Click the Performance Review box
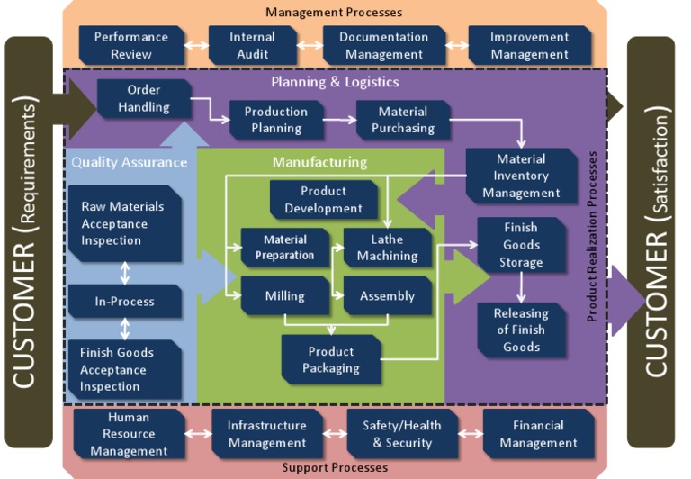(131, 45)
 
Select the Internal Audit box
(253, 45)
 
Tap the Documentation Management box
(384, 45)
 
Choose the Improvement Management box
(530, 45)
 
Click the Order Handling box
(144, 98)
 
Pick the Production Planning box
(276, 120)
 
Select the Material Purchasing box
(403, 120)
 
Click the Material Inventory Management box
(521, 176)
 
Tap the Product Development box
(324, 200)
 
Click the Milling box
(284, 295)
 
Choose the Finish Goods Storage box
(521, 245)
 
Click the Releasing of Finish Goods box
(521, 330)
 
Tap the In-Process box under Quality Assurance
(125, 302)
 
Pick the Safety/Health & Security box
(402, 434)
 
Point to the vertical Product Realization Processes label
(591, 236)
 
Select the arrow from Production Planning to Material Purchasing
(332, 119)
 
